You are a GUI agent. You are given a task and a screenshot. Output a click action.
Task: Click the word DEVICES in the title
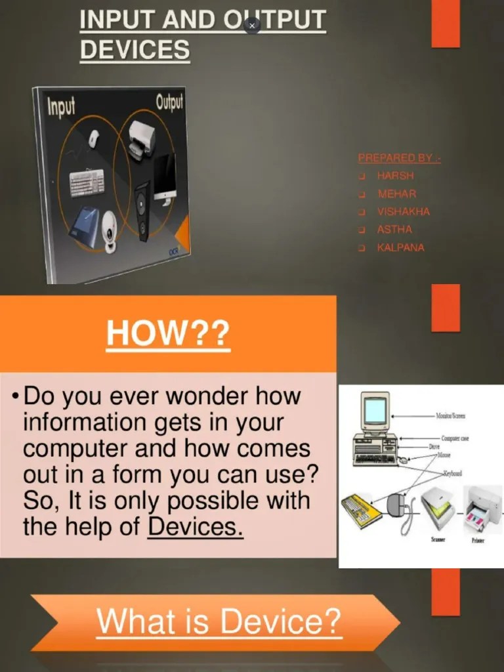135,50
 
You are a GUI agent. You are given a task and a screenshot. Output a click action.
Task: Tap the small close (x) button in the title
252,26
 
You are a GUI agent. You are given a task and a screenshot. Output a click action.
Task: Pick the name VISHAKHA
404,212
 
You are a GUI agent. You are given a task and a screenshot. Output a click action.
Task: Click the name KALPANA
400,247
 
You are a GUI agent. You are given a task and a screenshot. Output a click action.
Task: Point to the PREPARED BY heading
399,158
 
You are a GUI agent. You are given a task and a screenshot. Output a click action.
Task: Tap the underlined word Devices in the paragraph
196,526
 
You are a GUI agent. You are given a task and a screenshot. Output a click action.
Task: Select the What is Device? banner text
219,620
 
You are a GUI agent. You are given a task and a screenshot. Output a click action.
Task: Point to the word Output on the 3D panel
170,102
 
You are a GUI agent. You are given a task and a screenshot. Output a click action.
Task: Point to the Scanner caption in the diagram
438,539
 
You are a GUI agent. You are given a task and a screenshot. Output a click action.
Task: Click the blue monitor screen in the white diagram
375,411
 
